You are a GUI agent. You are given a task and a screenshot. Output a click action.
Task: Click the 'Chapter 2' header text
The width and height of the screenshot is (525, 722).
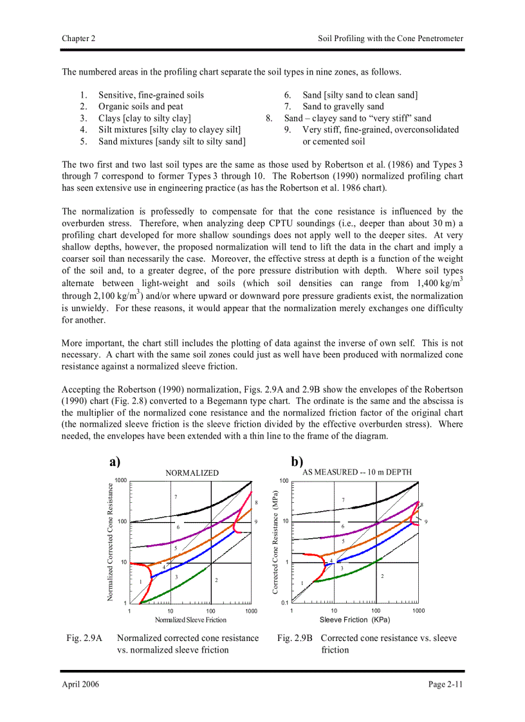pos(78,39)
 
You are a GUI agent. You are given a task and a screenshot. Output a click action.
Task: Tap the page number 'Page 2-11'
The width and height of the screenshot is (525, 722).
pos(445,684)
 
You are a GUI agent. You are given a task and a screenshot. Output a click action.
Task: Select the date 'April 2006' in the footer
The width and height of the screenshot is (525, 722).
pos(80,684)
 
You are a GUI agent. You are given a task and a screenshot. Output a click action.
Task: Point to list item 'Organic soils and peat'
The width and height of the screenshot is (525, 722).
pos(140,107)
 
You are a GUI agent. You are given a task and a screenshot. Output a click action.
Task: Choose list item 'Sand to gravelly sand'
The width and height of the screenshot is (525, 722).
pos(343,107)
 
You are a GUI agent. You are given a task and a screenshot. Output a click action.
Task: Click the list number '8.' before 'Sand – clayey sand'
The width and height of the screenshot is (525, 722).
pos(270,118)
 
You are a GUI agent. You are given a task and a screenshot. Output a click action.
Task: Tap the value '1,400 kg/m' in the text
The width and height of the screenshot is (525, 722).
pos(436,284)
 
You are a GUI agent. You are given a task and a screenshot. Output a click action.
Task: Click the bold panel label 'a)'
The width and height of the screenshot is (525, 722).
pos(115,462)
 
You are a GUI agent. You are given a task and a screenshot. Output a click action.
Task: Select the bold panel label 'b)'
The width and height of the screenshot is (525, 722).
pos(297,462)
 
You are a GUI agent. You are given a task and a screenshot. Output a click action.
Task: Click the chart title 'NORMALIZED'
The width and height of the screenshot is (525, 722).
pos(192,473)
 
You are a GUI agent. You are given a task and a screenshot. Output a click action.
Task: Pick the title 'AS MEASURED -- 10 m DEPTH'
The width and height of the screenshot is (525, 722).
pos(357,472)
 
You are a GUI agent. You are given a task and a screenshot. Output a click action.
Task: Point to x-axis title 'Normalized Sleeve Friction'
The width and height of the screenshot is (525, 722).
pos(190,620)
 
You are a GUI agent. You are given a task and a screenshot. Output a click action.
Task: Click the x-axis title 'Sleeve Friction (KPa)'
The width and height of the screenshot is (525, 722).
pos(355,620)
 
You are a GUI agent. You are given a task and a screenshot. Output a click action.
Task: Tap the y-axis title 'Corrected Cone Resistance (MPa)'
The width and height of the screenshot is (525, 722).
pos(275,541)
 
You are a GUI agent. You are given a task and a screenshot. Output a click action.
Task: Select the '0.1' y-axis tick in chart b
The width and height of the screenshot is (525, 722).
pos(284,603)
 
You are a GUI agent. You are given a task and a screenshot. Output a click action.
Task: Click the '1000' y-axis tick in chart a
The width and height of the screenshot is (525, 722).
pos(120,480)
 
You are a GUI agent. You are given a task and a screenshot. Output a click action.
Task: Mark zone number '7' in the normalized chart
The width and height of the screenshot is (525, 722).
pos(176,497)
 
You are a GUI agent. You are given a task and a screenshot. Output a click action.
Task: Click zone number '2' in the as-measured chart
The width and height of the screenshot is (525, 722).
pos(382,576)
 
